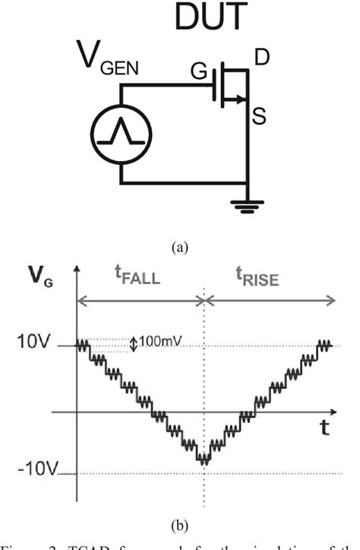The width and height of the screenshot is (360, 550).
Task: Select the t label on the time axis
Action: (324, 427)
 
